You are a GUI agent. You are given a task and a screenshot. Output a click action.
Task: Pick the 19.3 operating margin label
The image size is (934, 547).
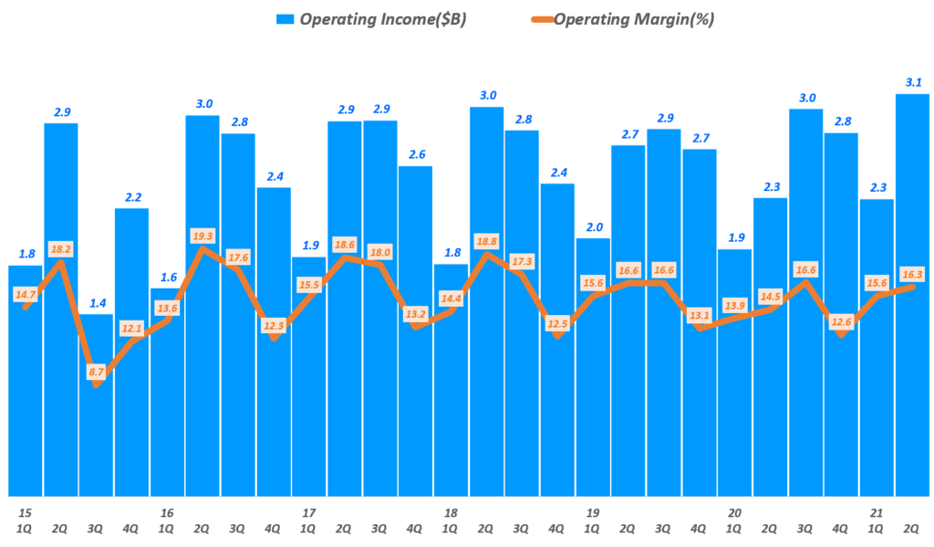[202, 236]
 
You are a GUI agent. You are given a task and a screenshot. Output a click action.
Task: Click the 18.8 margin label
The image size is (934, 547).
[486, 241]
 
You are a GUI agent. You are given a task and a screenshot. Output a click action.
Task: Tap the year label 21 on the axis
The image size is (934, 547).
[877, 513]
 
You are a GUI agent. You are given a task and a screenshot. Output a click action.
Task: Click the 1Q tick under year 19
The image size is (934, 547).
[593, 529]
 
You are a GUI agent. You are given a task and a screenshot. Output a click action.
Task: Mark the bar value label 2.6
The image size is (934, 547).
[416, 154]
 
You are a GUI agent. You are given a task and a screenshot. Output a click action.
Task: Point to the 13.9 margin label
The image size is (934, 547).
[734, 304]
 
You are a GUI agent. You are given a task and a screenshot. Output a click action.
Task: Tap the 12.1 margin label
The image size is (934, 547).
[131, 328]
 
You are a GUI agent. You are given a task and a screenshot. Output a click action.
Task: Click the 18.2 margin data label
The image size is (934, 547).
[60, 248]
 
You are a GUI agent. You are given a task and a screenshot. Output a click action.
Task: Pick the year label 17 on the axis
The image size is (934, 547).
[308, 513]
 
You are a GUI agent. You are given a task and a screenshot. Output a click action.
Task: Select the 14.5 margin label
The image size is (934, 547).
[770, 296]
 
